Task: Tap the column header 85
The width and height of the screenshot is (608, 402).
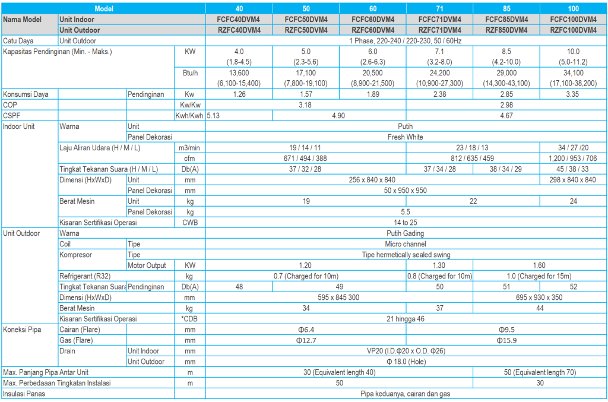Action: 506,9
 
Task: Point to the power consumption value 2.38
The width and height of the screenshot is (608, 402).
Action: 439,94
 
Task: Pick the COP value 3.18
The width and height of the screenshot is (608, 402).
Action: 306,105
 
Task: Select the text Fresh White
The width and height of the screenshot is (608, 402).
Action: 406,137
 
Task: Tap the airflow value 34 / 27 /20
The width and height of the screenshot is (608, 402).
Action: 573,148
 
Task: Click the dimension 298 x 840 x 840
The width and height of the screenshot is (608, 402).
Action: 573,180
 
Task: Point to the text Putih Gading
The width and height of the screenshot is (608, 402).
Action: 406,233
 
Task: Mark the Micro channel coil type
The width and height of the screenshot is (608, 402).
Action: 406,244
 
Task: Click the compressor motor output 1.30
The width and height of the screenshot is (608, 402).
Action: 439,265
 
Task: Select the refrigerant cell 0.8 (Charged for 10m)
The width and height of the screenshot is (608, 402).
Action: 439,276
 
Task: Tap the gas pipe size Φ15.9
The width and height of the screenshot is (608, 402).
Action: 506,340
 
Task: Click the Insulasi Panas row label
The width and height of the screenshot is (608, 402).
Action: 24,394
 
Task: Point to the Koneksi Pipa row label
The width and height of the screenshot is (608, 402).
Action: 22,330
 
